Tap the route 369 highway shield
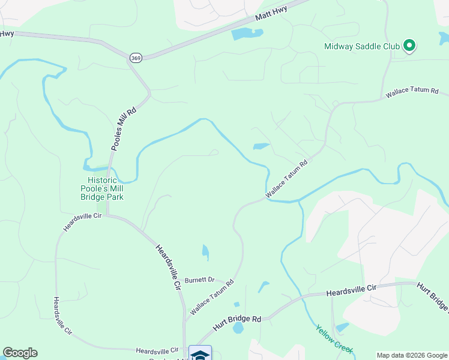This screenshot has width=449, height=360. pyautogui.click(x=135, y=57)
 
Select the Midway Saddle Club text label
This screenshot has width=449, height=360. pyautogui.click(x=362, y=46)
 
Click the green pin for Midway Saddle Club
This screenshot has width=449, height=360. pyautogui.click(x=409, y=45)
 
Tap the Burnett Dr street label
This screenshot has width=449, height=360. pyautogui.click(x=200, y=280)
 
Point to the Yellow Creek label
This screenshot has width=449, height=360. pyautogui.click(x=335, y=340)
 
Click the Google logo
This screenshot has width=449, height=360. pyautogui.click(x=20, y=353)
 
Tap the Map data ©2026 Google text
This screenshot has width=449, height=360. pyautogui.click(x=411, y=355)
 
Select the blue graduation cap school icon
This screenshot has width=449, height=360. pyautogui.click(x=200, y=353)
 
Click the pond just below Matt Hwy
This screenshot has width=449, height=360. pyautogui.click(x=247, y=34)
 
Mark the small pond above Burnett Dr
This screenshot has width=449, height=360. pyautogui.click(x=206, y=252)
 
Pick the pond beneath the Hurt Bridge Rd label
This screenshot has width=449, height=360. pyautogui.click(x=238, y=328)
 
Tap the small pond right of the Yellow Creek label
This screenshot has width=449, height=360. pyautogui.click(x=342, y=327)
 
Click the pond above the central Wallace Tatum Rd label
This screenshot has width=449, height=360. pyautogui.click(x=261, y=146)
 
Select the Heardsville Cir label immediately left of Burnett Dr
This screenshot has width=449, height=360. pyautogui.click(x=169, y=268)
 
